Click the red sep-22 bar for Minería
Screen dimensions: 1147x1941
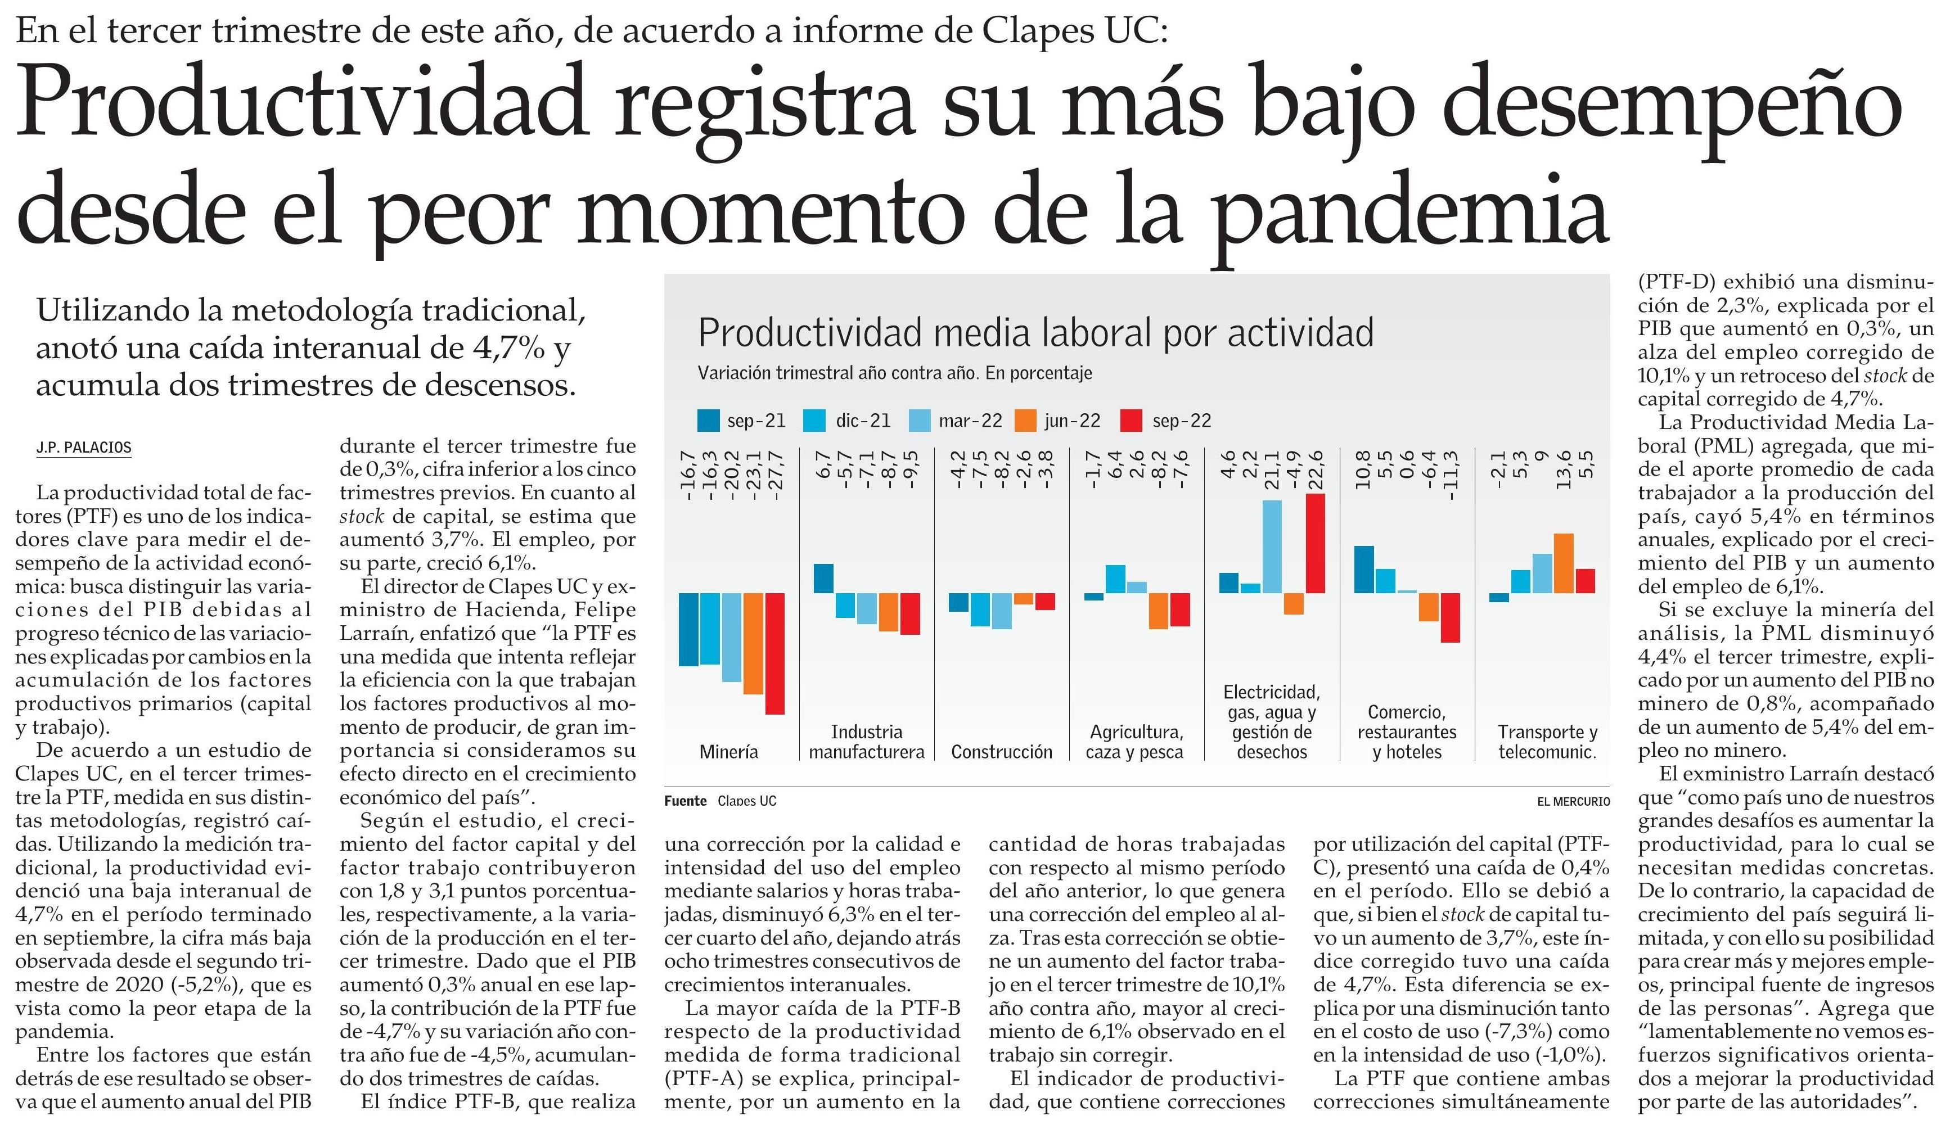point(774,653)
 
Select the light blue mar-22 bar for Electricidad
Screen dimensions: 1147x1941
point(1272,547)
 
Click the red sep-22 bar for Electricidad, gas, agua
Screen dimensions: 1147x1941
point(1315,543)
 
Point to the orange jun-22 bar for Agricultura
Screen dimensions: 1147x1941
point(1158,611)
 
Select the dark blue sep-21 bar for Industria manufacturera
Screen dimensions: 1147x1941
point(823,578)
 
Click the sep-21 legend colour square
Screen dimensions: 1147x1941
point(708,421)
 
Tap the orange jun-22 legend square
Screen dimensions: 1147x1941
point(1026,421)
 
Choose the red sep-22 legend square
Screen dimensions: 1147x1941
point(1131,421)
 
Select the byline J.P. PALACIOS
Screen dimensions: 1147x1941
point(83,448)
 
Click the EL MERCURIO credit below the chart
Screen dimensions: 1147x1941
point(1573,802)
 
